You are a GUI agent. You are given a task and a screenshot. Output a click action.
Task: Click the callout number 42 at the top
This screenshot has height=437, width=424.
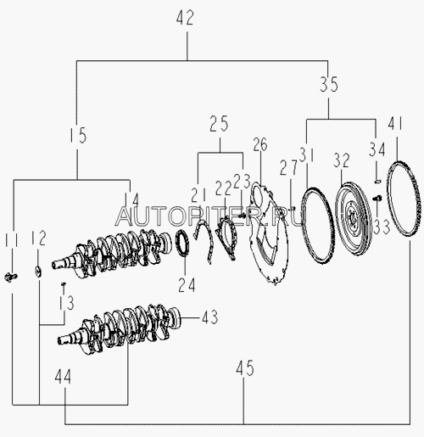(x=185, y=18)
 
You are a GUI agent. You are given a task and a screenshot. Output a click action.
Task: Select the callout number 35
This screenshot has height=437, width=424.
(x=329, y=84)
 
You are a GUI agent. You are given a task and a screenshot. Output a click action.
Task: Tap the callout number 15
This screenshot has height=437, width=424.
(x=78, y=135)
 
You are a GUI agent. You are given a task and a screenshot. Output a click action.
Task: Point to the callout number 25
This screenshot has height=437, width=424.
(x=219, y=124)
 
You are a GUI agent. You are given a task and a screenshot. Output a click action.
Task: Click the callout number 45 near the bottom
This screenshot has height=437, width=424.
(x=245, y=368)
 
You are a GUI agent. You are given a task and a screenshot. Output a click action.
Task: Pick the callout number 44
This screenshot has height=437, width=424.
(x=63, y=377)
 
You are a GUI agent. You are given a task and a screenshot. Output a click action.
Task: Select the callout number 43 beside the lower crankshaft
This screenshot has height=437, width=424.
(x=209, y=317)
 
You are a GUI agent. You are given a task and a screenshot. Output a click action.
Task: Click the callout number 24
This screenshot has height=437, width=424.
(x=187, y=285)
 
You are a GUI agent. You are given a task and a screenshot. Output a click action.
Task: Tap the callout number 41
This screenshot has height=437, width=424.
(x=395, y=124)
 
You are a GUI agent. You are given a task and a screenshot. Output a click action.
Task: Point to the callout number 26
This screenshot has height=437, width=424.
(x=260, y=144)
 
